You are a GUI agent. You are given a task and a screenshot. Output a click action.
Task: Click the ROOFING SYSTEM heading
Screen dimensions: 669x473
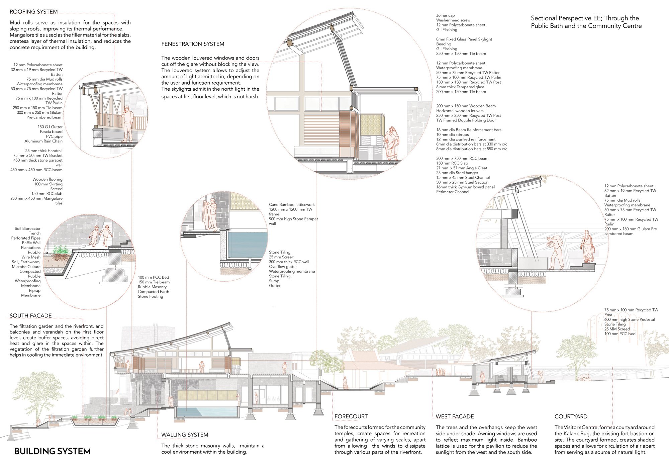click(x=33, y=12)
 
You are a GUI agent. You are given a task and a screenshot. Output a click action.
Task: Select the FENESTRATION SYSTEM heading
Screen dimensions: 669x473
click(x=193, y=44)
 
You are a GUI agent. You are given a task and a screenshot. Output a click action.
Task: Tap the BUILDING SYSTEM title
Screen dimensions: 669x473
click(x=53, y=451)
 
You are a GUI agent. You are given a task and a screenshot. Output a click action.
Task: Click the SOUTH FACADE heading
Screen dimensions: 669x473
click(x=31, y=316)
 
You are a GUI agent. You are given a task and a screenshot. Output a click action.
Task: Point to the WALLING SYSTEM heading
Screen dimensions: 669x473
click(x=185, y=435)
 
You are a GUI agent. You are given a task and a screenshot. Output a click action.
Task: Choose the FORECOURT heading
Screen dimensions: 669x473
click(x=351, y=416)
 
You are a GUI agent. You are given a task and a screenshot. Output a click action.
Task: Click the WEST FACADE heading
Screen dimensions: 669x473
click(x=455, y=416)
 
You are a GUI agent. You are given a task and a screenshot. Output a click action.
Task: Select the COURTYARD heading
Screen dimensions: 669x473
click(x=571, y=416)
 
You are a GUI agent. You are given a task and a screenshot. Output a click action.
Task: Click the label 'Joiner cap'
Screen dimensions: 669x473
click(x=445, y=15)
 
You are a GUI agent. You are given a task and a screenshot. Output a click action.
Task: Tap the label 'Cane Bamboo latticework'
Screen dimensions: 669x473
click(x=292, y=205)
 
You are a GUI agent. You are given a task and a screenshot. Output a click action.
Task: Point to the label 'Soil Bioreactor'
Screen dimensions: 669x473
click(x=27, y=228)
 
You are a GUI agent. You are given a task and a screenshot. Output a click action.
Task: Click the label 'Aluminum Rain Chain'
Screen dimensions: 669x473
click(x=43, y=141)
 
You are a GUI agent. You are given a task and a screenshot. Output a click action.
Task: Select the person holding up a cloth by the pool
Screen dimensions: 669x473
click(x=210, y=214)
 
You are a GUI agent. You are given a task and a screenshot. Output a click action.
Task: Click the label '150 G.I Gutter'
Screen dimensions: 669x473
click(x=50, y=127)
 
